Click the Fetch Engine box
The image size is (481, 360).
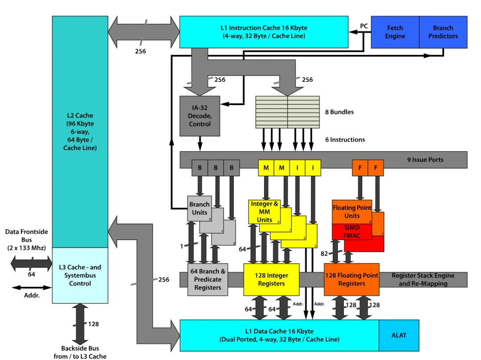click(x=395, y=32)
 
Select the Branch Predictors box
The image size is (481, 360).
click(x=443, y=32)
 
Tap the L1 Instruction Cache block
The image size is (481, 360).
click(x=264, y=32)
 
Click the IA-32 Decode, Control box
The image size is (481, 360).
click(x=200, y=116)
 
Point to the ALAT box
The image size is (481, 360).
click(x=399, y=335)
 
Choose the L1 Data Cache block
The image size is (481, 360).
click(x=279, y=335)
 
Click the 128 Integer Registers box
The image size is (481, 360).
click(x=272, y=280)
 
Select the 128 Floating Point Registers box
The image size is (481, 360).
click(x=352, y=280)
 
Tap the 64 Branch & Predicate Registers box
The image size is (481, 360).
click(x=208, y=280)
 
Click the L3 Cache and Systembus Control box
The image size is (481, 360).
click(x=80, y=276)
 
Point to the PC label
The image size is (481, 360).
click(x=364, y=26)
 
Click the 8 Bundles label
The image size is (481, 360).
click(x=339, y=112)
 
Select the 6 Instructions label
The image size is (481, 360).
click(x=345, y=139)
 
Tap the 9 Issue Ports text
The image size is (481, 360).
click(x=425, y=160)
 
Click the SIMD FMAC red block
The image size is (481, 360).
click(x=352, y=232)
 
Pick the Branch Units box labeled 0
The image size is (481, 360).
click(x=200, y=209)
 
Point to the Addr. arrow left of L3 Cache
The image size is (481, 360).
click(x=32, y=287)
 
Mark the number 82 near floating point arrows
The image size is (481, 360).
click(x=324, y=254)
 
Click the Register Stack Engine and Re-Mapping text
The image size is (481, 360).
click(x=423, y=280)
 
